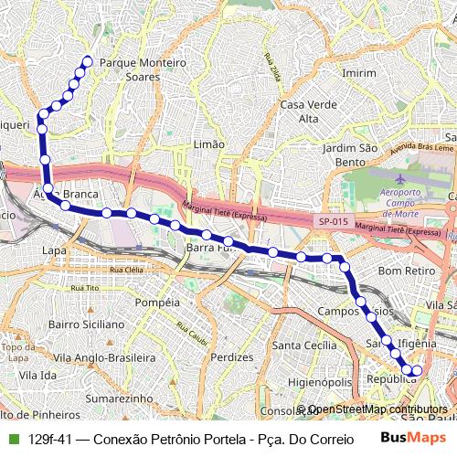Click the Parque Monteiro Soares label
pyautogui.click(x=142, y=69)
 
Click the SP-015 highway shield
pyautogui.click(x=334, y=222)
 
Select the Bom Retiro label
pyautogui.click(x=404, y=271)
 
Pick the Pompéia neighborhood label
pyautogui.click(x=156, y=302)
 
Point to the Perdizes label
pyautogui.click(x=230, y=357)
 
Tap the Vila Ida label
pyautogui.click(x=37, y=375)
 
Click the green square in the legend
pyautogui.click(x=13, y=439)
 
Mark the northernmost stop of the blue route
pyautogui.click(x=88, y=61)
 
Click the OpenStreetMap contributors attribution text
pyautogui.click(x=377, y=409)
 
